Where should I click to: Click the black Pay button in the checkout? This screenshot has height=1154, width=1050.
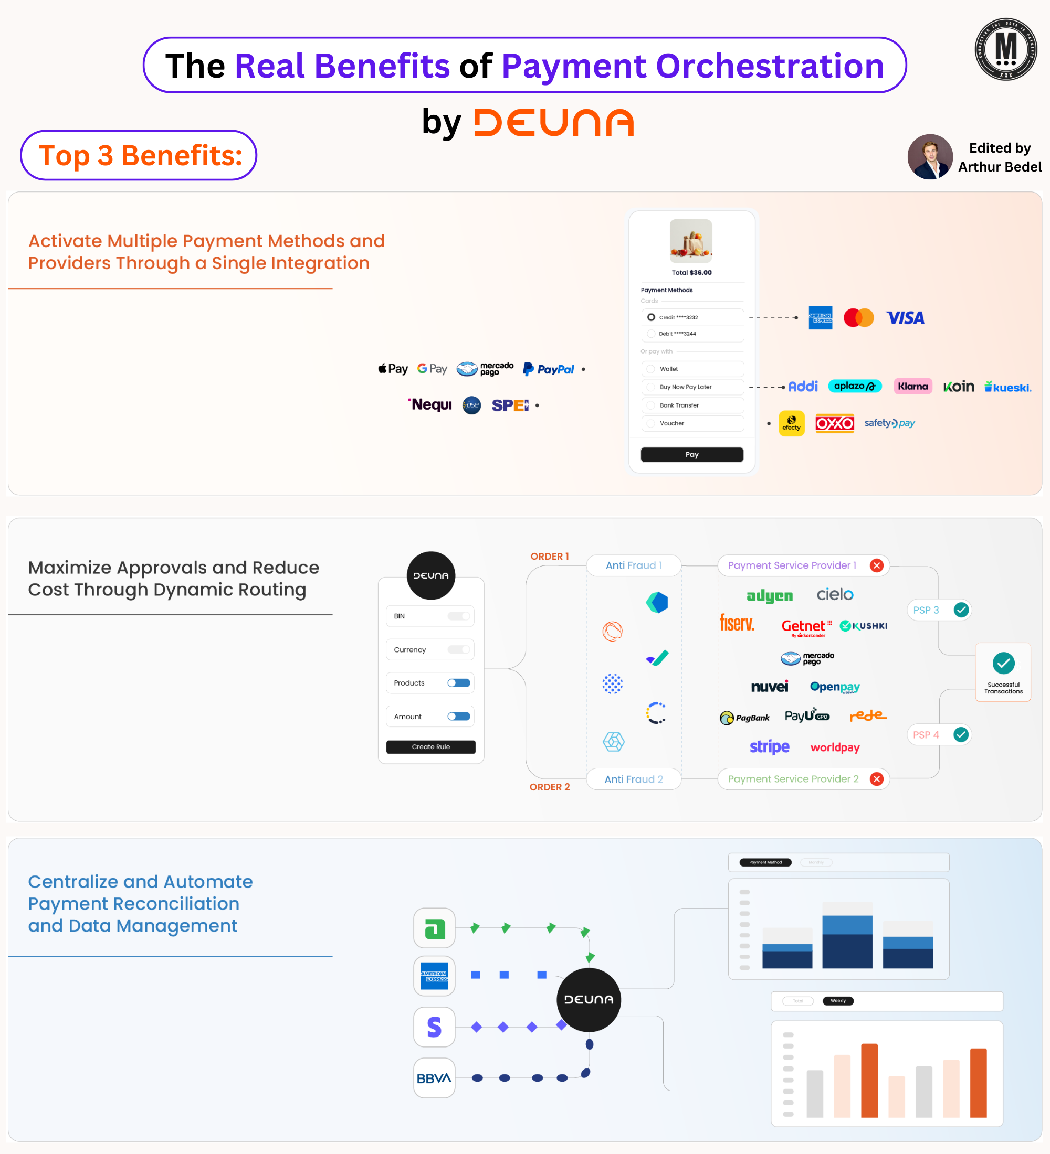[x=691, y=454]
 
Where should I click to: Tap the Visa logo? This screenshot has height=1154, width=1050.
[x=905, y=318]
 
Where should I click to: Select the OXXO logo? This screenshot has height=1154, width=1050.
[x=835, y=424]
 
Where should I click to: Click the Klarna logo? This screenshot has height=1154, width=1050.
[x=912, y=387]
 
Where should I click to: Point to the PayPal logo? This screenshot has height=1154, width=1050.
[x=548, y=369]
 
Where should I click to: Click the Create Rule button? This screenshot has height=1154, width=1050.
[x=431, y=747]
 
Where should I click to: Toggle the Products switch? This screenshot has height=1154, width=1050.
[x=459, y=683]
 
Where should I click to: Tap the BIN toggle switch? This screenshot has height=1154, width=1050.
[x=459, y=616]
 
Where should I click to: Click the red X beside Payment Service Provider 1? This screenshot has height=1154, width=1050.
[x=876, y=565]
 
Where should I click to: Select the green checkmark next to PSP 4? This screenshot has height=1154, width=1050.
[x=961, y=734]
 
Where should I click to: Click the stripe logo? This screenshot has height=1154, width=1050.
[x=769, y=747]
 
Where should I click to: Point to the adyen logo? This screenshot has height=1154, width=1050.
[x=769, y=596]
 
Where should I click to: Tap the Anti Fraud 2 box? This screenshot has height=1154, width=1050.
[x=634, y=779]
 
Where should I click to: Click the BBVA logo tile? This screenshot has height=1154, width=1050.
[x=434, y=1078]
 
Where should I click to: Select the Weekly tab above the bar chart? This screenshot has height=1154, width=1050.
[x=838, y=1001]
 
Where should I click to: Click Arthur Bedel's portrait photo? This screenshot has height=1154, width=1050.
[x=930, y=157]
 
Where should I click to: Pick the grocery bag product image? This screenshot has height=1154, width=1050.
[x=691, y=241]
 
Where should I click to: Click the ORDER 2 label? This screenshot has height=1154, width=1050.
[x=549, y=787]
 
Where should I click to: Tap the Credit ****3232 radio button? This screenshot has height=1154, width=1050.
[x=650, y=317]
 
